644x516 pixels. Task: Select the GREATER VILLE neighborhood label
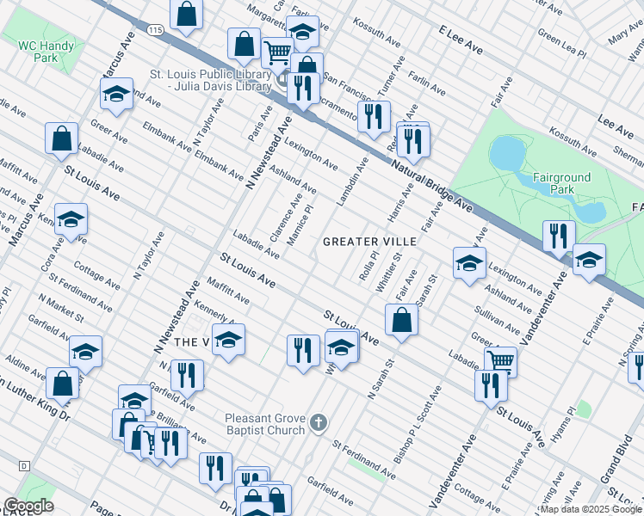[369, 243]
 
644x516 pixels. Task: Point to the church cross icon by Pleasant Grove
[319, 422]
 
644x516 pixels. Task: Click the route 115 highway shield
[155, 29]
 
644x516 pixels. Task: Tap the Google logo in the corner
[28, 506]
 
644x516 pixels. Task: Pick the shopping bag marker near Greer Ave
[62, 138]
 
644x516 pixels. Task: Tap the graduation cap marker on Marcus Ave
[71, 219]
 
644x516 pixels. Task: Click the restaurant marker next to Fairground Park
[560, 236]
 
